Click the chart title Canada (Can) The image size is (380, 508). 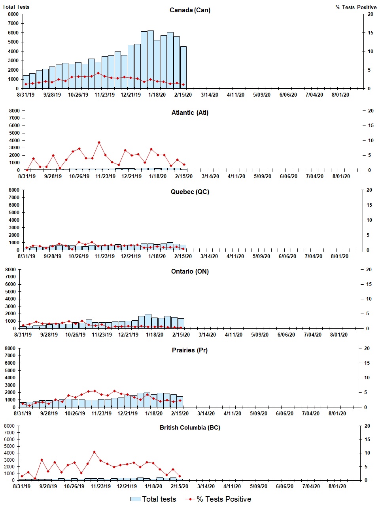point(190,10)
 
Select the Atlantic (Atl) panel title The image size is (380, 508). point(190,113)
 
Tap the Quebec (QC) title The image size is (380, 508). point(190,192)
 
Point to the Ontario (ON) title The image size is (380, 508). point(190,272)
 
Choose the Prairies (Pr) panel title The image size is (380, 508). point(190,350)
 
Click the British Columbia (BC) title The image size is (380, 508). point(190,428)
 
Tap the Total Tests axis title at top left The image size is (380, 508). point(16,7)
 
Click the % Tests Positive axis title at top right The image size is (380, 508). point(356,7)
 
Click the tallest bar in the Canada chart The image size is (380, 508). point(151,59)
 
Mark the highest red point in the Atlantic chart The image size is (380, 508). point(99,142)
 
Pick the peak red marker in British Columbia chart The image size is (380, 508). point(94,452)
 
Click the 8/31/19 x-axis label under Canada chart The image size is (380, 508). point(26,95)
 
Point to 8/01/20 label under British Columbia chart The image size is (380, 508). point(337,486)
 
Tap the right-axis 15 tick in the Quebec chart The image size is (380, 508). point(369,205)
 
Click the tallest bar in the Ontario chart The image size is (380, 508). point(148,321)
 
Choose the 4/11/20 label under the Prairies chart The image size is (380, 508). point(232,413)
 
